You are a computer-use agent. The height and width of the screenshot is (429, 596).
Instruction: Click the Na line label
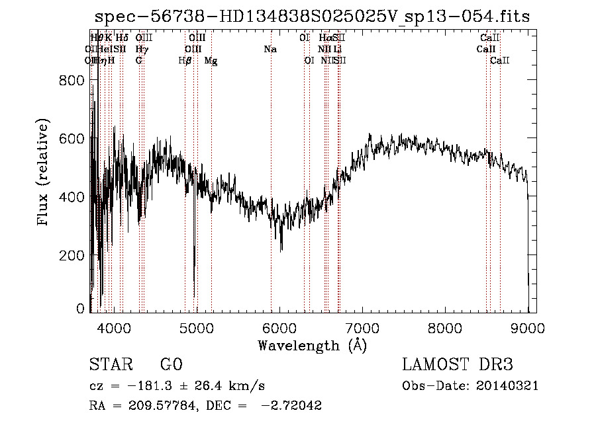tap(270, 50)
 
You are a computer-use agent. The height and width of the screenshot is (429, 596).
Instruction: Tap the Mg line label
tap(211, 61)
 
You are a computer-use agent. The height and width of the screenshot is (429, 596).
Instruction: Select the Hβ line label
tap(185, 61)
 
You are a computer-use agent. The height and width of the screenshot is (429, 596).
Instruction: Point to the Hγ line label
tap(142, 50)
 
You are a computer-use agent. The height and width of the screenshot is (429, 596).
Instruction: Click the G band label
tap(138, 61)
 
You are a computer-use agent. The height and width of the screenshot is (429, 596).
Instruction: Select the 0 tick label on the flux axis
tap(80, 309)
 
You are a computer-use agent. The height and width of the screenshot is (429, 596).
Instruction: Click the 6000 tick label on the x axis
tap(279, 327)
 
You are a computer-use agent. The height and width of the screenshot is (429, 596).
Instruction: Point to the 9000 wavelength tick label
tap(528, 327)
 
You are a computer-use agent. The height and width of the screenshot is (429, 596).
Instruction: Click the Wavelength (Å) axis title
tap(312, 345)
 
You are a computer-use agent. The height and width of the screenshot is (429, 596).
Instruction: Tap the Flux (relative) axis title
tap(44, 173)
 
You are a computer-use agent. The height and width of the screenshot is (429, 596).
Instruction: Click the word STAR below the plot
tap(108, 365)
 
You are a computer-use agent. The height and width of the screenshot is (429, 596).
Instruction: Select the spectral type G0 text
tap(171, 365)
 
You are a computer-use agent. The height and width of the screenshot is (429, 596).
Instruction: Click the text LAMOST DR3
tap(458, 365)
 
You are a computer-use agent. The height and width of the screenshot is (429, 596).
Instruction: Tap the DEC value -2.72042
tap(292, 406)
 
